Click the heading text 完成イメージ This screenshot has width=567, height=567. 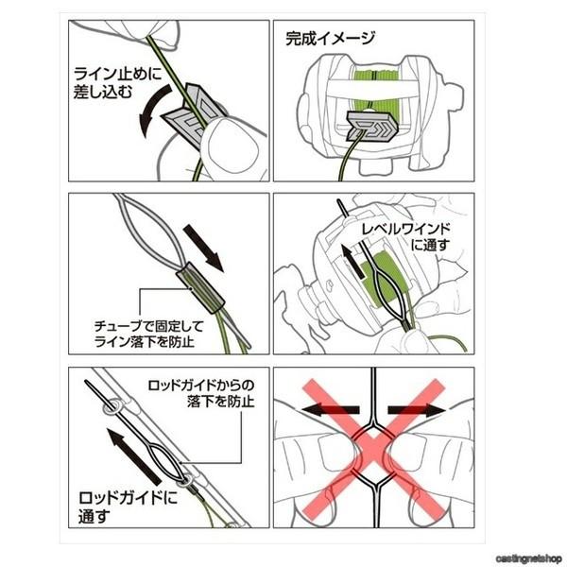tap(330, 39)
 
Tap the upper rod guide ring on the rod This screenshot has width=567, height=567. tap(112, 407)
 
